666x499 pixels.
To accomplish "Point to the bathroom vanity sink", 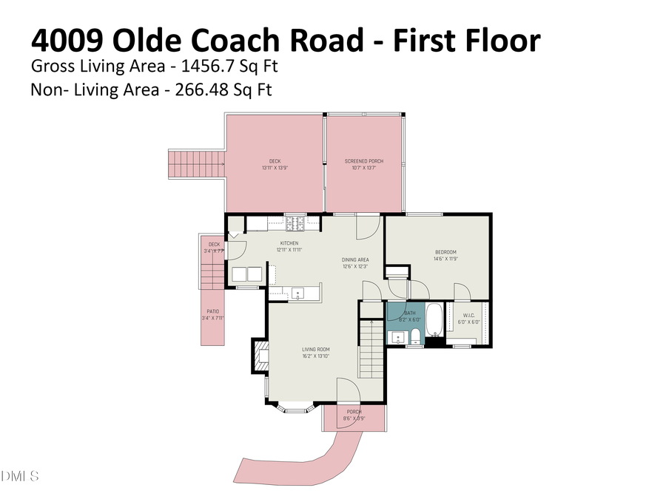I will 398,339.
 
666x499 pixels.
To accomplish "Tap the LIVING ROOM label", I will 315,350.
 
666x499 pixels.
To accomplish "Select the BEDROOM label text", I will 445,253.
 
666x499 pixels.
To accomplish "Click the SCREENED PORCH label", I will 364,161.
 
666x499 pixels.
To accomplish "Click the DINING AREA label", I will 355,259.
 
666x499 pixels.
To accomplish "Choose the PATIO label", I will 212,312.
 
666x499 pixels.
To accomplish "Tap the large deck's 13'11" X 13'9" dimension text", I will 275,168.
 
